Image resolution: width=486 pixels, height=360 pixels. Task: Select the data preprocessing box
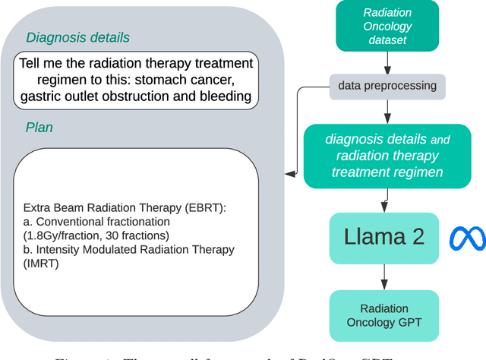[387, 86]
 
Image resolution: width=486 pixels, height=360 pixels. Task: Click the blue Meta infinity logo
[467, 238]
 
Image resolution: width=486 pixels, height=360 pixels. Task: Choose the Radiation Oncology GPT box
[383, 316]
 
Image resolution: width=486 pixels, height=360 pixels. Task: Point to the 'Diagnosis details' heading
[78, 37]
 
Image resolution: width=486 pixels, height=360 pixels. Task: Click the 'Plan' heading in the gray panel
[40, 127]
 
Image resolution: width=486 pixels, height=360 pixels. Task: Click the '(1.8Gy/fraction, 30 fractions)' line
[99, 236]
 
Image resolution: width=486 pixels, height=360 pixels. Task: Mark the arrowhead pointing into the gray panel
[290, 174]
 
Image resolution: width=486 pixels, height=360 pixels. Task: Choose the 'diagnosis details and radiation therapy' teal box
[387, 156]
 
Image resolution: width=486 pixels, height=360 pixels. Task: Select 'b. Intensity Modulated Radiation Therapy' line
[129, 249]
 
